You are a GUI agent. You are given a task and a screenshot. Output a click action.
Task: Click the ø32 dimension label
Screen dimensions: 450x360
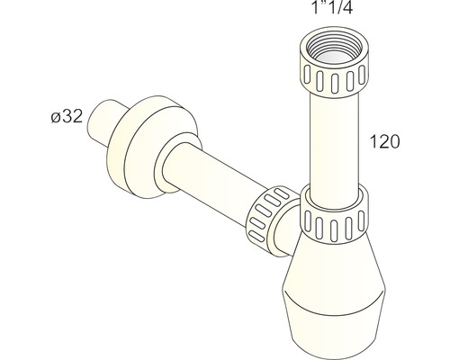(x=67, y=116)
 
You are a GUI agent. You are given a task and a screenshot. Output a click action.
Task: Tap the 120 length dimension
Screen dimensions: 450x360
(x=385, y=141)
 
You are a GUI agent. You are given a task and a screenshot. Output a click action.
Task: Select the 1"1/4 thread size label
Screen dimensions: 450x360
(x=332, y=7)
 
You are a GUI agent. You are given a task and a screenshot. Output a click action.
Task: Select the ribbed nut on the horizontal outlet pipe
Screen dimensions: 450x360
(x=268, y=213)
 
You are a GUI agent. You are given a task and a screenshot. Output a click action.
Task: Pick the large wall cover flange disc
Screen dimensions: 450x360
(x=150, y=147)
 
